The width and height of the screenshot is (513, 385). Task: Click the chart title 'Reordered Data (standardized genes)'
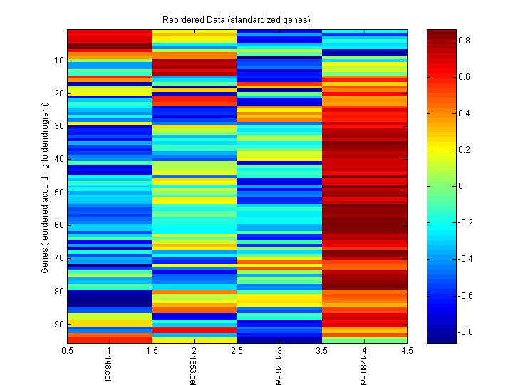pyautogui.click(x=236, y=19)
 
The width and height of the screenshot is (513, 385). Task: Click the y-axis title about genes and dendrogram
pyautogui.click(x=45, y=188)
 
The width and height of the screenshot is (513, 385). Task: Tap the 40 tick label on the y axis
pyautogui.click(x=59, y=159)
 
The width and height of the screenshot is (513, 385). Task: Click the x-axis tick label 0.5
pyautogui.click(x=68, y=351)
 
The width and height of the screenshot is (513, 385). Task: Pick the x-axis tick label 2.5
pyautogui.click(x=237, y=351)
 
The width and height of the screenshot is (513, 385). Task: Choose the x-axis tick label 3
pyautogui.click(x=279, y=351)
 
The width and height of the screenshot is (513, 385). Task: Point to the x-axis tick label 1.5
pyautogui.click(x=152, y=351)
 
